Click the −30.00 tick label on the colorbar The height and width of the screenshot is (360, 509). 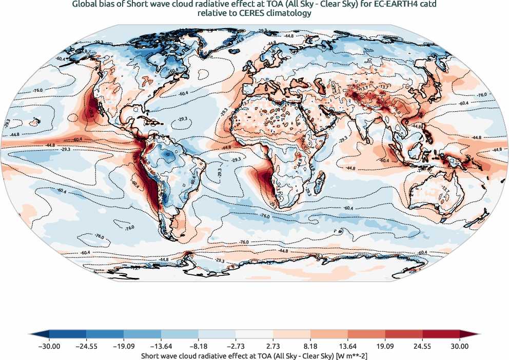click(49, 346)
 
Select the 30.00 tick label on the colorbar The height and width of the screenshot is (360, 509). click(460, 346)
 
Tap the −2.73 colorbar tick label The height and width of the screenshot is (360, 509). click(236, 346)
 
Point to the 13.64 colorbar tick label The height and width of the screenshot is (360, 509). click(347, 346)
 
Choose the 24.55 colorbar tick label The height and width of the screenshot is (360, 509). click(422, 346)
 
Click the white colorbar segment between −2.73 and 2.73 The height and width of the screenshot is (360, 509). click(254, 334)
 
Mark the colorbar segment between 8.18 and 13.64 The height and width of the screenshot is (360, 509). click(329, 334)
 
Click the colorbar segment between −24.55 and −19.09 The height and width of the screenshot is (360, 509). click(105, 334)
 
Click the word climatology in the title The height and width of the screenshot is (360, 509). click(287, 14)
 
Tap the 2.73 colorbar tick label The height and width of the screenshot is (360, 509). click(273, 346)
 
